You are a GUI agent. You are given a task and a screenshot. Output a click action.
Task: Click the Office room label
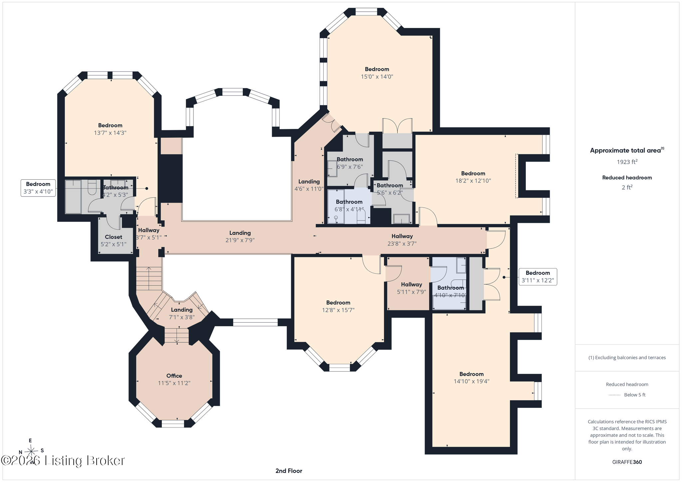coord(174,376)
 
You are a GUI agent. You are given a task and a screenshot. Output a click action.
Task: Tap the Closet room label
coord(114,237)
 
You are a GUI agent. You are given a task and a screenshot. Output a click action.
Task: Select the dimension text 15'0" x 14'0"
coord(377,77)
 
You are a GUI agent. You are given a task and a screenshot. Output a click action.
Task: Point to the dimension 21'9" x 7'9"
coord(240,240)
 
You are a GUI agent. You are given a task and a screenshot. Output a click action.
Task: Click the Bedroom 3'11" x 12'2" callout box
coord(538,276)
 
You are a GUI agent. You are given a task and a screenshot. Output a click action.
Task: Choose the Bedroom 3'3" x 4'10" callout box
coord(38,188)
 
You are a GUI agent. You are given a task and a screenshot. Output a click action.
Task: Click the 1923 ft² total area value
coord(627,162)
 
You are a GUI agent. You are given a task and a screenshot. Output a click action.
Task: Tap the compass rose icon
coord(31,451)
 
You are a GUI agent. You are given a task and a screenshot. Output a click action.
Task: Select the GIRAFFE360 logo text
coord(627,462)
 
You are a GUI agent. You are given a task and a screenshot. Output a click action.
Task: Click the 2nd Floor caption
coord(289,471)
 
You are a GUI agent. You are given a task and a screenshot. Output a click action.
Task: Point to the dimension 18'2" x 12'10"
coord(473,181)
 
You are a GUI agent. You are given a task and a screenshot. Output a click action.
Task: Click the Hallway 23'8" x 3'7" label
coord(402,240)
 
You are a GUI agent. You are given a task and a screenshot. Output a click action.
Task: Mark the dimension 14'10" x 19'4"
coord(472,381)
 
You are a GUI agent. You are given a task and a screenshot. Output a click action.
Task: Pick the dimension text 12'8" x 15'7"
coord(338,310)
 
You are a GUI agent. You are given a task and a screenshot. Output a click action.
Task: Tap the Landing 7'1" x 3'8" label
coord(181,313)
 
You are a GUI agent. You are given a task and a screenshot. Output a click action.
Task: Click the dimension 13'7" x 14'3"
coord(110,133)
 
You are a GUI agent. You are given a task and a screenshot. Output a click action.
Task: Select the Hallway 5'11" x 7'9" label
coord(412,288)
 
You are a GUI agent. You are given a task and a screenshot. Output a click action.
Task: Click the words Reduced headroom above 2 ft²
coord(627,178)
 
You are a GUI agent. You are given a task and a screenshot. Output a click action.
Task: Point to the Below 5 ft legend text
coord(635,395)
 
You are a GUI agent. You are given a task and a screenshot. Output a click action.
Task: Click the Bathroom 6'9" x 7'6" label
coord(350,163)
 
